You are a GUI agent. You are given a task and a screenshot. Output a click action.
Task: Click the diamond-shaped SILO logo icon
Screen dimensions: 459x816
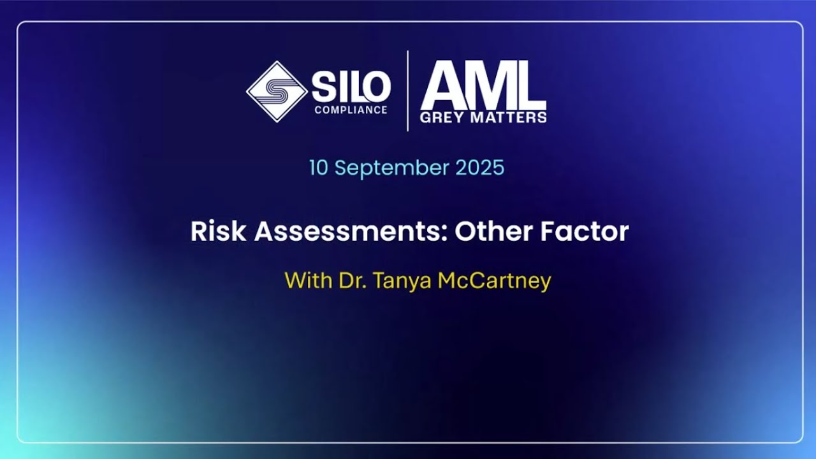(277, 91)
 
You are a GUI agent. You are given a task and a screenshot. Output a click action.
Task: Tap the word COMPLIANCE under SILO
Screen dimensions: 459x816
(351, 110)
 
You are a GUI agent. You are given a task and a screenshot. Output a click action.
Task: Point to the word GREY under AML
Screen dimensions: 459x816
(441, 117)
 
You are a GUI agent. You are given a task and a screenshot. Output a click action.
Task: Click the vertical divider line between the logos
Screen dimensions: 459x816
(408, 91)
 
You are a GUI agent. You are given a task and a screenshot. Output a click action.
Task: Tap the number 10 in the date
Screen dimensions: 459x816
(319, 168)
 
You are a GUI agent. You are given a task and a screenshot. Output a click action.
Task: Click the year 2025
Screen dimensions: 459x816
(480, 168)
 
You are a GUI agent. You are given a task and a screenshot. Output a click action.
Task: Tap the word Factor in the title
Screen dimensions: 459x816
(585, 231)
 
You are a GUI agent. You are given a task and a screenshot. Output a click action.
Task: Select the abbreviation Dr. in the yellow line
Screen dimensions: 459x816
(351, 280)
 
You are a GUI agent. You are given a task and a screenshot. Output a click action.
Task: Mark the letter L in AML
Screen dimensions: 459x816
(530, 86)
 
